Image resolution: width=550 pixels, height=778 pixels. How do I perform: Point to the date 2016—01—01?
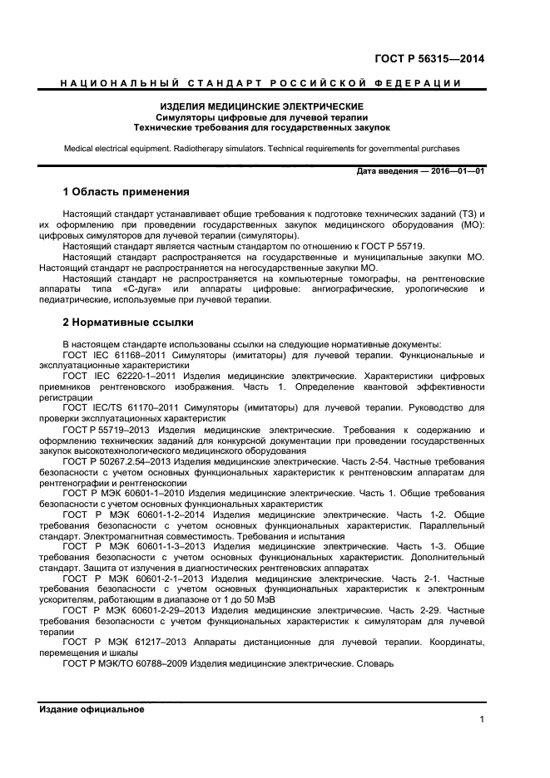(x=454, y=171)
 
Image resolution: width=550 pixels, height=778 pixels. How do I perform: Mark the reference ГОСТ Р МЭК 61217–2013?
(x=125, y=642)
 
